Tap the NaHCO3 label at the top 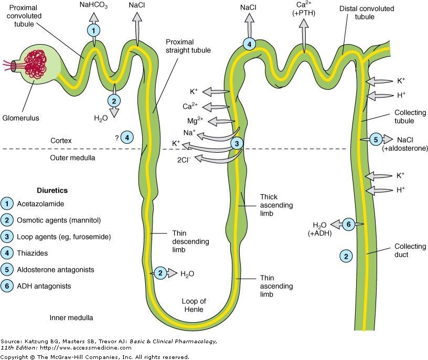[x=93, y=5]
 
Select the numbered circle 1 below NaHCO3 [x=93, y=30]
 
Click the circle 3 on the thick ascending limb [x=237, y=143]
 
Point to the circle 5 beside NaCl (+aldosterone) [x=376, y=140]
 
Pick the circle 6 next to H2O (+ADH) [x=349, y=224]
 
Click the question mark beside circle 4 [x=117, y=138]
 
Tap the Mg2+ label [x=195, y=120]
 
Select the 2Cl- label [x=184, y=160]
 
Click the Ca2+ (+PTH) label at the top [x=304, y=9]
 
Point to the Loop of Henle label [x=194, y=305]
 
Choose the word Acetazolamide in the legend [x=40, y=204]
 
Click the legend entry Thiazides [x=32, y=253]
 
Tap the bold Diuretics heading [x=52, y=190]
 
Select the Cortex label [x=61, y=141]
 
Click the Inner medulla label [x=71, y=317]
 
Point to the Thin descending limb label [x=190, y=241]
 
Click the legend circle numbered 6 [x=7, y=286]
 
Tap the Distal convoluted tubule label [x=367, y=13]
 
